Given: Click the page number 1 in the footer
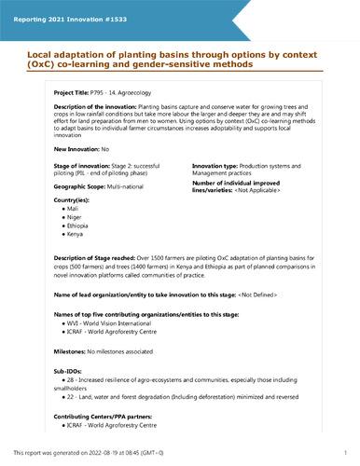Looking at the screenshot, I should click(345, 452).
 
